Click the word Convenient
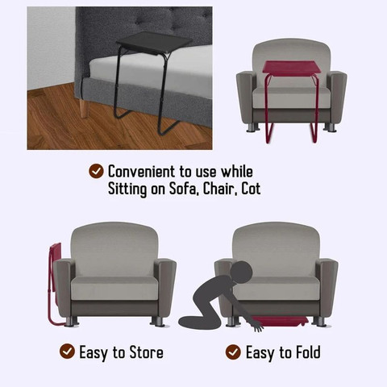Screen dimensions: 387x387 click(x=141, y=172)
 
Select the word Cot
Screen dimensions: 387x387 click(x=251, y=189)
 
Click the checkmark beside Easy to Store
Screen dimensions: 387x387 click(x=67, y=351)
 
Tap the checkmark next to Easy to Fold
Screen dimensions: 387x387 click(x=233, y=352)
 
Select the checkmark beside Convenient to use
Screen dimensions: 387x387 click(x=96, y=171)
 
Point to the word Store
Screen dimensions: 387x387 click(x=147, y=352)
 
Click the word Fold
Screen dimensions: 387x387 click(x=308, y=352)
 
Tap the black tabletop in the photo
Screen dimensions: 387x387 click(x=154, y=43)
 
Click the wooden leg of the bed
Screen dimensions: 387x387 click(x=85, y=108)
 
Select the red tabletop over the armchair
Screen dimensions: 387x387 click(x=291, y=67)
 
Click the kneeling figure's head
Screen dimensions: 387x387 click(x=241, y=272)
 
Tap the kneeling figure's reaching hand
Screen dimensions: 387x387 click(x=257, y=326)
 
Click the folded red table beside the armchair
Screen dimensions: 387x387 click(x=55, y=280)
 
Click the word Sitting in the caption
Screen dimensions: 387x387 click(x=127, y=189)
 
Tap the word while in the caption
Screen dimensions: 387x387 click(x=237, y=172)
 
